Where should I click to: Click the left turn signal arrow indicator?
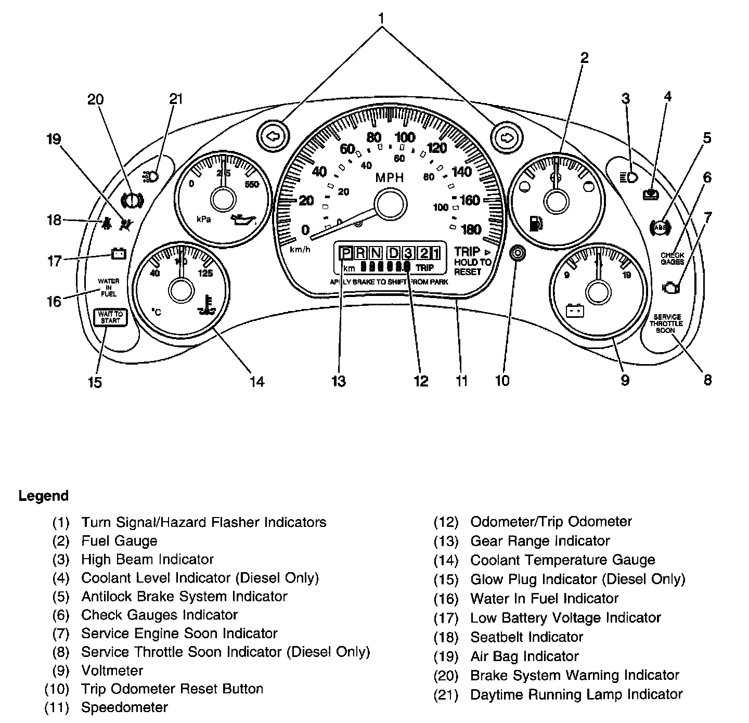[x=272, y=137]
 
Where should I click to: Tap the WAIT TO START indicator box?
[x=110, y=317]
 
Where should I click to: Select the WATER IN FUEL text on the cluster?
[x=109, y=288]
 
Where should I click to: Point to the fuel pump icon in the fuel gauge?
[x=535, y=224]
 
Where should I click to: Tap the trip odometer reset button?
[x=518, y=253]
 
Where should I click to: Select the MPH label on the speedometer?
[x=390, y=178]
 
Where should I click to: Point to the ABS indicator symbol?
[x=660, y=227]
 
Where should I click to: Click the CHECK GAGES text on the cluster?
[x=672, y=259]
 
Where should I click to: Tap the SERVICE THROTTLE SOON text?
[x=667, y=324]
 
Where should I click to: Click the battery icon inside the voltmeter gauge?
[x=575, y=311]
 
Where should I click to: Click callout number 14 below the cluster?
[x=257, y=381]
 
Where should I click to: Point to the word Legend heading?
[x=44, y=496]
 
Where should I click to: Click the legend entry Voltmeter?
[x=112, y=670]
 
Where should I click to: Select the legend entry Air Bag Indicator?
[x=524, y=656]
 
